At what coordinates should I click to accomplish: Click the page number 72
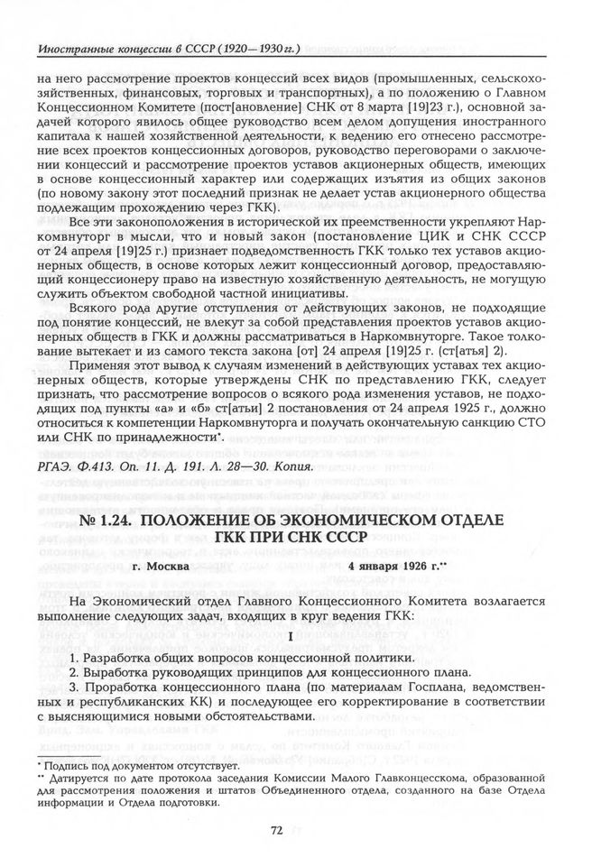tap(296, 830)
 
